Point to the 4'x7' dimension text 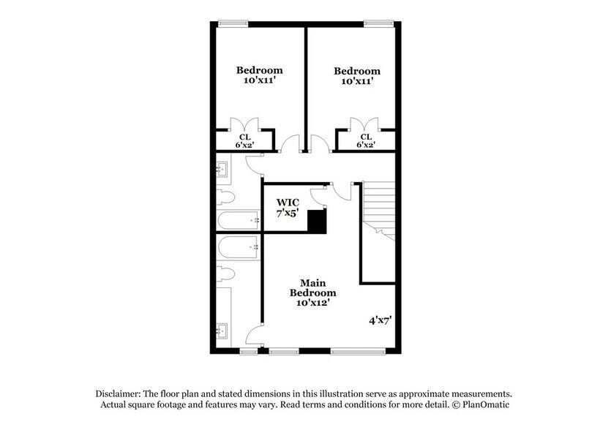tap(380, 320)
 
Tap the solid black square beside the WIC tap(316, 222)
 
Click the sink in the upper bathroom tap(225, 171)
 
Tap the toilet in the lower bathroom tap(225, 275)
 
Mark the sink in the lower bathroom tap(225, 329)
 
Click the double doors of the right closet tap(364, 123)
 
